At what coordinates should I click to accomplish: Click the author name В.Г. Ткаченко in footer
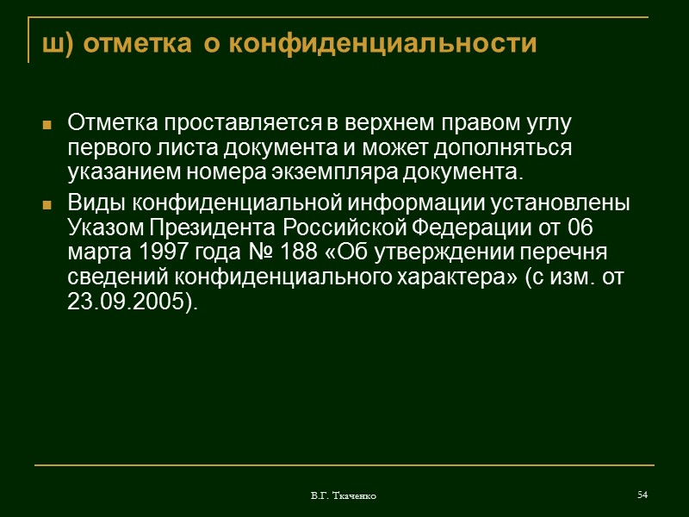344,496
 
